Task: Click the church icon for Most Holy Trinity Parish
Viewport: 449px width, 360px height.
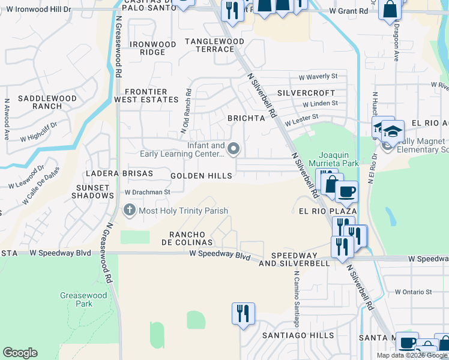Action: point(129,211)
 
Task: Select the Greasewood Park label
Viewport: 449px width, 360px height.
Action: point(83,299)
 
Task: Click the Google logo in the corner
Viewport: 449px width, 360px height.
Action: point(20,353)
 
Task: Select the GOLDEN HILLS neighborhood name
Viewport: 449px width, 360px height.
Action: point(201,176)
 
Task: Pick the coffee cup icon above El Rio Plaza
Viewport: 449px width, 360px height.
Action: point(346,192)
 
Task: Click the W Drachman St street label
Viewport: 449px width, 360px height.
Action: point(148,192)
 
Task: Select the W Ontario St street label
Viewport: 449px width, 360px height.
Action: point(413,292)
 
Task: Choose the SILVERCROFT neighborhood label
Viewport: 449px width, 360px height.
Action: point(306,94)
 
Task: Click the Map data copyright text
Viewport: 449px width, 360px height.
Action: point(412,355)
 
